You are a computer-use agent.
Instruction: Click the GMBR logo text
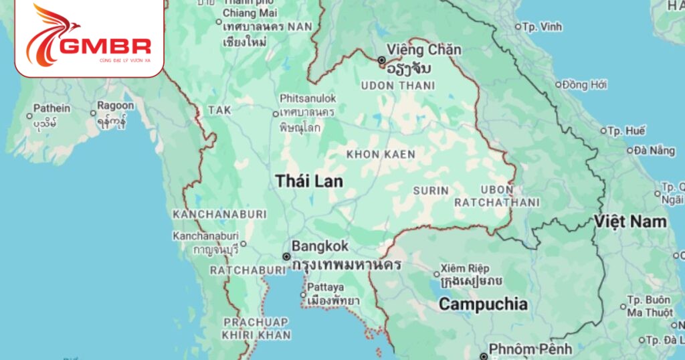tap(106, 46)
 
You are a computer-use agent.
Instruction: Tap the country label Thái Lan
tap(309, 181)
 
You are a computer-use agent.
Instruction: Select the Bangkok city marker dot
tap(286, 256)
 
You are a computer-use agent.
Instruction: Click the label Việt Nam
tap(631, 221)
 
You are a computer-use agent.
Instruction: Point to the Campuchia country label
tap(483, 304)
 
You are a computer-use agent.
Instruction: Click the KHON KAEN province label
tap(381, 155)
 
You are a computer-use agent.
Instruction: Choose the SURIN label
tap(431, 191)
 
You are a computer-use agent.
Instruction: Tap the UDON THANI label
tap(398, 86)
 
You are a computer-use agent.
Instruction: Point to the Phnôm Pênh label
tap(530, 349)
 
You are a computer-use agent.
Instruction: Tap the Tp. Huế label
tap(627, 131)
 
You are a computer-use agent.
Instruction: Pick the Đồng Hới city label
tap(584, 84)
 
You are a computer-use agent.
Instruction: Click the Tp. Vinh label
tap(542, 27)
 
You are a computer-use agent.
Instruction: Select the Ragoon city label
tap(116, 105)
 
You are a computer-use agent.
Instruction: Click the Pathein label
tap(52, 108)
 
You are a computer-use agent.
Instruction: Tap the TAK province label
tap(219, 110)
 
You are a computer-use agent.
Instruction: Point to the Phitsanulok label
tap(308, 98)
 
